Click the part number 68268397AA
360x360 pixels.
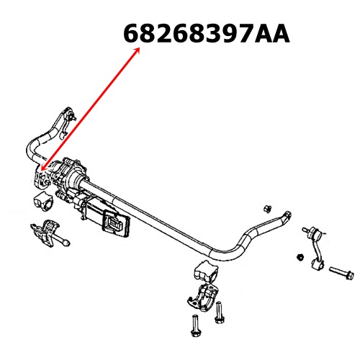pos(207,34)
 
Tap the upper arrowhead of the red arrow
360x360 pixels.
pos(138,50)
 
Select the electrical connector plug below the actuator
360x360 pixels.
pos(116,223)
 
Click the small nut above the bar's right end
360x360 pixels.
pos(266,208)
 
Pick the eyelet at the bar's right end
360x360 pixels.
pos(287,215)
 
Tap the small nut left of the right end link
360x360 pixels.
pos(300,257)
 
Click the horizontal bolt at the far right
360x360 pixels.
pos(341,273)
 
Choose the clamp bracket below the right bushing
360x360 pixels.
pos(204,297)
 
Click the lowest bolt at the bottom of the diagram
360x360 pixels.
pos(195,325)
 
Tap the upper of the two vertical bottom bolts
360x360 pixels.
pos(219,312)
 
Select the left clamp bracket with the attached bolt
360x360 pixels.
pos(48,233)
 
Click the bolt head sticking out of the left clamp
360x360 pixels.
pos(66,243)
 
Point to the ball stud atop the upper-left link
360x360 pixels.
pos(72,117)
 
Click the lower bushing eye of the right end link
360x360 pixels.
pos(318,264)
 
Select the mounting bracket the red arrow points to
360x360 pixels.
pos(41,179)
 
